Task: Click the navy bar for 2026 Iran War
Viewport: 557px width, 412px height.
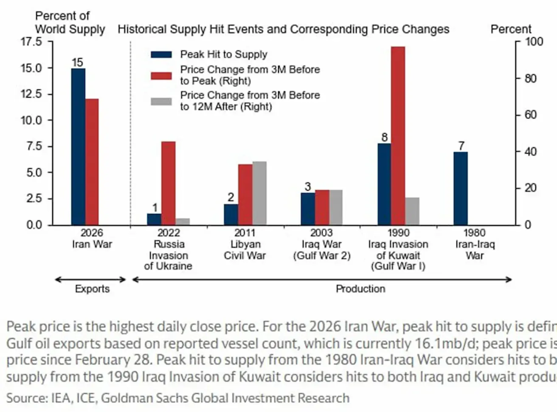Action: click(78, 147)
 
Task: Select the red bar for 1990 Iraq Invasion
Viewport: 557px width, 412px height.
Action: click(398, 136)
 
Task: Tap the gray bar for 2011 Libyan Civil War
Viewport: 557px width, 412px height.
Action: click(259, 193)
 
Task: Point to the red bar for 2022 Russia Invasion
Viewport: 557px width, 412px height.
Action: click(168, 183)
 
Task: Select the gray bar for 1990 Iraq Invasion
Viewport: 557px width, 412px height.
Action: click(412, 211)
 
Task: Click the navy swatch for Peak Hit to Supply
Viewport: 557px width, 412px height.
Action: click(161, 54)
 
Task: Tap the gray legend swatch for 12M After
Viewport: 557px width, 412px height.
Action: click(161, 101)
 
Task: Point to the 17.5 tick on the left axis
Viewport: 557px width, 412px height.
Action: click(31, 42)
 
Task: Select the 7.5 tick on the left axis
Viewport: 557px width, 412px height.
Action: click(31, 147)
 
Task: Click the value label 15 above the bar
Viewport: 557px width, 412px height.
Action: click(77, 62)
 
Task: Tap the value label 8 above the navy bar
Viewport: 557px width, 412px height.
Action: click(384, 137)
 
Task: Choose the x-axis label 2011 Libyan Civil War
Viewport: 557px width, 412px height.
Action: click(245, 244)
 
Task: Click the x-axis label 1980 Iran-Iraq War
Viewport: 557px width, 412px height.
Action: click(475, 244)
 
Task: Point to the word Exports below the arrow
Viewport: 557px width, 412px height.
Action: click(92, 289)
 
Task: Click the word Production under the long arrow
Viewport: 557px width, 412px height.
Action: click(360, 289)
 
